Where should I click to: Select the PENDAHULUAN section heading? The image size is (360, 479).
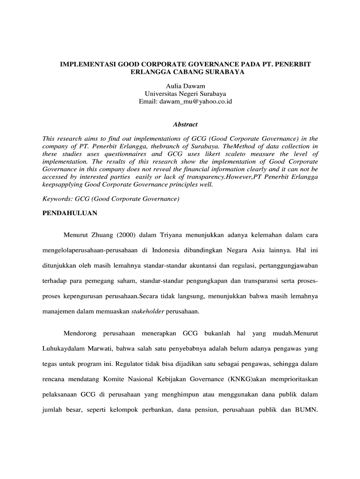coord(70,213)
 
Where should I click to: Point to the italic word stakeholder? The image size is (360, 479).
coord(147,312)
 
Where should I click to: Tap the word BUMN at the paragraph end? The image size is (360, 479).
coord(306,410)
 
